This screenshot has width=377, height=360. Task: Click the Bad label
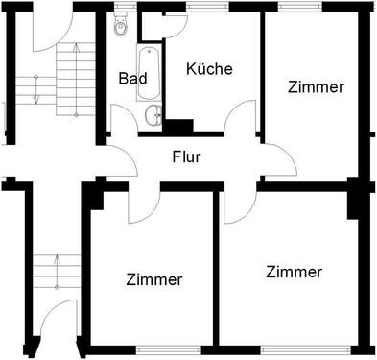(x=133, y=79)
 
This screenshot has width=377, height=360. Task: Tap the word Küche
(x=209, y=69)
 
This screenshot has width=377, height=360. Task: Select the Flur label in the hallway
(x=186, y=156)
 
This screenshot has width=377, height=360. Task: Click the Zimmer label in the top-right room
(x=316, y=86)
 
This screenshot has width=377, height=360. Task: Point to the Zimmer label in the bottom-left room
(x=153, y=279)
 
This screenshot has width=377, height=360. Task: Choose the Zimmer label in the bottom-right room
(x=295, y=272)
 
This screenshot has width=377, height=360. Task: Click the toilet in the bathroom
(x=120, y=25)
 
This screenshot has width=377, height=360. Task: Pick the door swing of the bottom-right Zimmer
(x=236, y=204)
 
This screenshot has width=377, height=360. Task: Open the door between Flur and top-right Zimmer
(x=275, y=161)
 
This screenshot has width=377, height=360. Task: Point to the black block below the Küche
(x=179, y=126)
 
